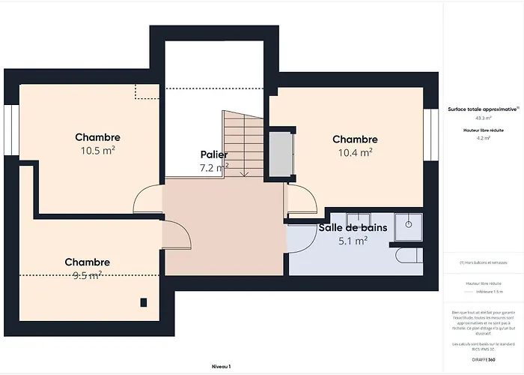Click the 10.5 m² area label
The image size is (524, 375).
[97, 150]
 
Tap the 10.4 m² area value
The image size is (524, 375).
[355, 152]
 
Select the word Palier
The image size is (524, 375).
[213, 154]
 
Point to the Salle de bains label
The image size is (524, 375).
[353, 227]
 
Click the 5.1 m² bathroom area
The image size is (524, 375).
[353, 241]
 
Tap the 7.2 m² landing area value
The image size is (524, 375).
[213, 168]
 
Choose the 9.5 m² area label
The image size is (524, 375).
[87, 275]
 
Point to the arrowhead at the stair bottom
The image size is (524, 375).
[243, 173]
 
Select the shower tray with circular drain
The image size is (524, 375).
[409, 226]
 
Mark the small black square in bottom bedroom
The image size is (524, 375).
[143, 302]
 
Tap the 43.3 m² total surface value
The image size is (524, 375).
[483, 118]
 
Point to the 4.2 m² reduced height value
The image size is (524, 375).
[483, 138]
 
